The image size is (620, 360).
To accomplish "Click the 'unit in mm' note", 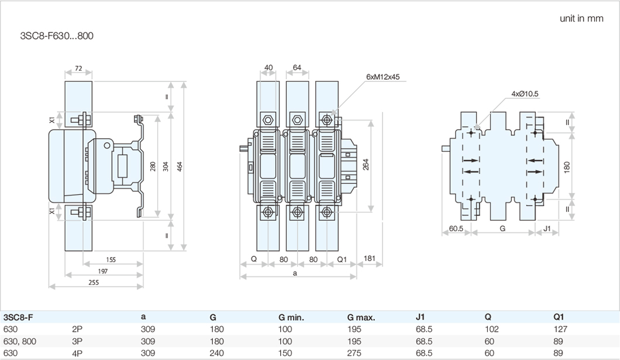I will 581,18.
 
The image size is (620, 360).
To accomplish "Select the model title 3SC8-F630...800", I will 57,36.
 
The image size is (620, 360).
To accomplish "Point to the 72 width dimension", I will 78,68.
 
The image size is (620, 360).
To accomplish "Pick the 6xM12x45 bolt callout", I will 383,77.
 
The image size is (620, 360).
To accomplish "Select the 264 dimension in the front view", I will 366,164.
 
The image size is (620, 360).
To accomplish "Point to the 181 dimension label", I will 369,258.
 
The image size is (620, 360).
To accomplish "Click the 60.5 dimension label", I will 456,229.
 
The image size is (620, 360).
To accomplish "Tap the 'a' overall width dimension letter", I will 295,273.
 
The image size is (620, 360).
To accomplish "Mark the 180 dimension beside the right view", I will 566,166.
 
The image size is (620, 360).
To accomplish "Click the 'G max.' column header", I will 361,317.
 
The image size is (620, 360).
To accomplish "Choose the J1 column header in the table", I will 421,317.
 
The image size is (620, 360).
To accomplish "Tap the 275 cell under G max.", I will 354,353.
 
